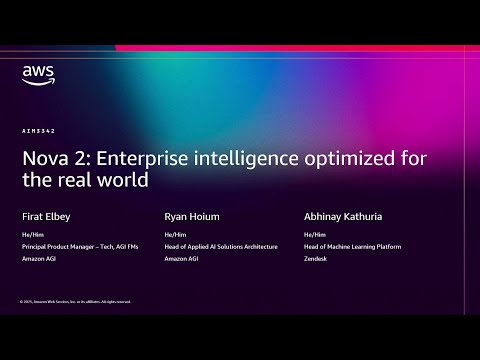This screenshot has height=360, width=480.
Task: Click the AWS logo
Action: [x=36, y=74]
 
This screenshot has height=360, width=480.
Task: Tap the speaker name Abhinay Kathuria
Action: [x=343, y=214]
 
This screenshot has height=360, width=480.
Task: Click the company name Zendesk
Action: [x=318, y=258]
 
